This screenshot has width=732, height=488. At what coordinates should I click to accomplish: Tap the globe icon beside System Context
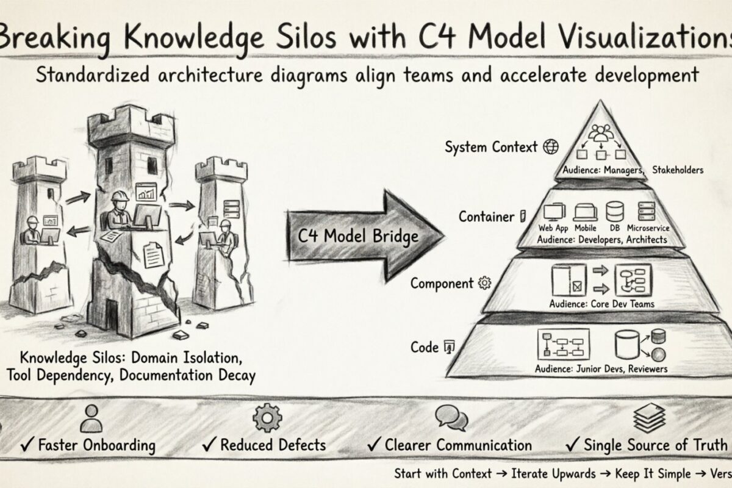pos(551,146)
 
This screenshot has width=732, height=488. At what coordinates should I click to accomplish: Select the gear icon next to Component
pos(485,283)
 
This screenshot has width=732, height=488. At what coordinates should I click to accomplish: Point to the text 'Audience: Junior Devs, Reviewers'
pos(601,368)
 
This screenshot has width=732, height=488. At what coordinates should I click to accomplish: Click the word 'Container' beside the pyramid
pos(486,216)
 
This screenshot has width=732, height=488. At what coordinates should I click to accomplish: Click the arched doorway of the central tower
pos(112,317)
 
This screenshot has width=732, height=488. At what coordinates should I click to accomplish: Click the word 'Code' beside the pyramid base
pos(425,347)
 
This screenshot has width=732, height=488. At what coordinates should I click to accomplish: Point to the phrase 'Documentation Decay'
pos(188,375)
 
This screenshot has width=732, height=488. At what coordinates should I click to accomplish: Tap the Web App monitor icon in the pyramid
pos(553,212)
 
